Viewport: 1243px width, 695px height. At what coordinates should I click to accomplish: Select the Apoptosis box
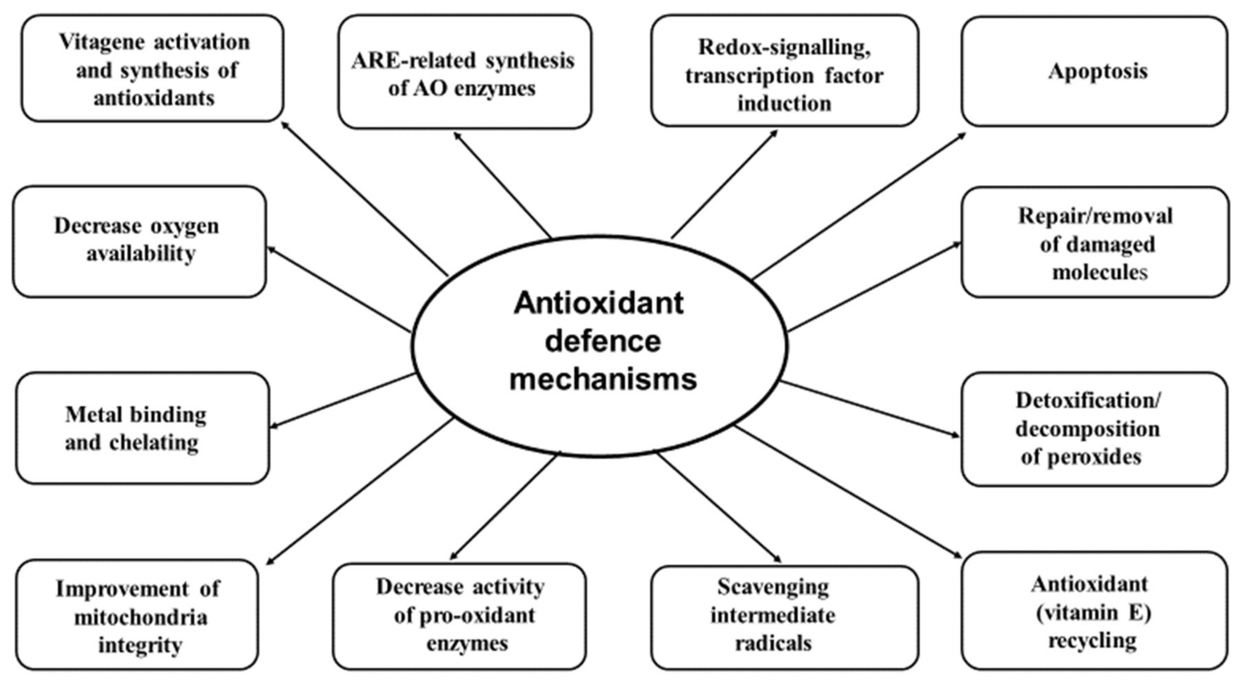click(x=1094, y=71)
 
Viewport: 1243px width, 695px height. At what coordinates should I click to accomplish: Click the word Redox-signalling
click(x=785, y=47)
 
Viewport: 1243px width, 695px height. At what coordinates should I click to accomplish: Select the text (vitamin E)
click(x=1093, y=613)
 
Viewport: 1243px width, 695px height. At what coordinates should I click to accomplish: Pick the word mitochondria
click(x=141, y=617)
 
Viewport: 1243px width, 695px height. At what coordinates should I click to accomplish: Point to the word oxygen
click(x=186, y=226)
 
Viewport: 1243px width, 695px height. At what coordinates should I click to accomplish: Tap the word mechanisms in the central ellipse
click(x=603, y=379)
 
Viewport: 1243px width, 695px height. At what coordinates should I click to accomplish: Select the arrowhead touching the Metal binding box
click(x=274, y=426)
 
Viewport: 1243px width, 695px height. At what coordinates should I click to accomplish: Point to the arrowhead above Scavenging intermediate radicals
click(x=777, y=559)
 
